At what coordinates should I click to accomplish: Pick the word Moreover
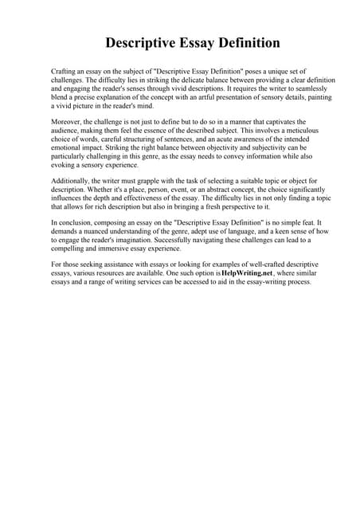coord(68,118)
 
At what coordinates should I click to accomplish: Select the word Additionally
coord(72,181)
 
